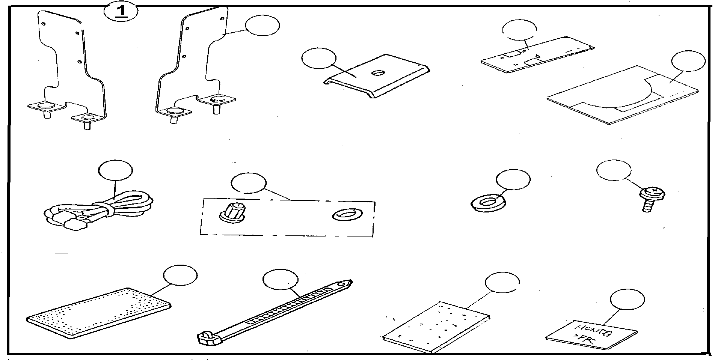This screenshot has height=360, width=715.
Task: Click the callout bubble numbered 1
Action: pyautogui.click(x=121, y=12)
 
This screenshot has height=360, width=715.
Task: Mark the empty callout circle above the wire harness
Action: pyautogui.click(x=116, y=171)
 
